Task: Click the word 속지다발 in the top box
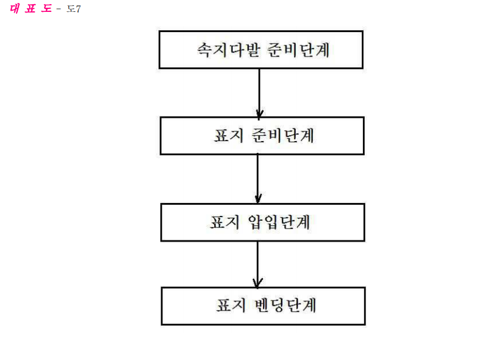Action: (228, 50)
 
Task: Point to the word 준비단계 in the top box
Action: (299, 50)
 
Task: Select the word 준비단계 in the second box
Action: (283, 135)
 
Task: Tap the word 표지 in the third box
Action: (225, 222)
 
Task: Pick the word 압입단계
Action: (279, 222)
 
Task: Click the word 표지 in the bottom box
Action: (231, 305)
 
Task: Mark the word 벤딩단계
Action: (286, 305)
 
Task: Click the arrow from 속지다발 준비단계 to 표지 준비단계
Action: (259, 93)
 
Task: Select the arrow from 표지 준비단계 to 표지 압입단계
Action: (258, 179)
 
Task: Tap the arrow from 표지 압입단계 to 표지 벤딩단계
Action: (258, 264)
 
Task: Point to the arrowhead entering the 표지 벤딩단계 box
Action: (258, 283)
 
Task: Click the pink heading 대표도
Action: (31, 9)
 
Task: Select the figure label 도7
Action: (74, 9)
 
